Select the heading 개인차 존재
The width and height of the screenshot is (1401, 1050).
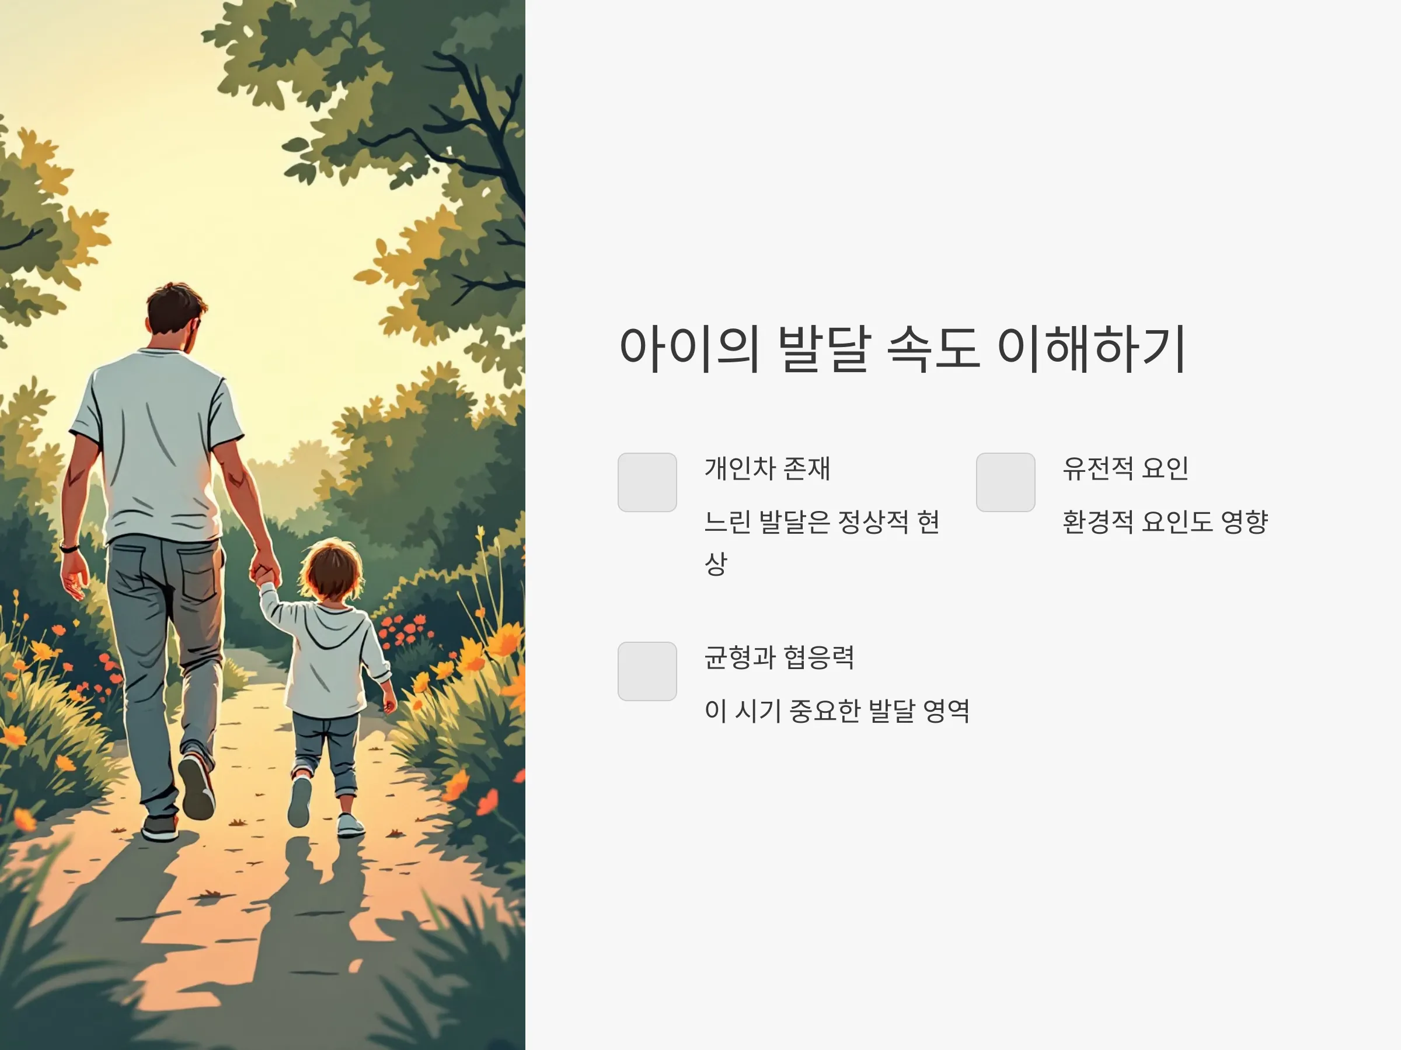(767, 468)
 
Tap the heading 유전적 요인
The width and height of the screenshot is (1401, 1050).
(1125, 468)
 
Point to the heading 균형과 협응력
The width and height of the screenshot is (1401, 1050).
(779, 657)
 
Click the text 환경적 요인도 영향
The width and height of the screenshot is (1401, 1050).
(1165, 521)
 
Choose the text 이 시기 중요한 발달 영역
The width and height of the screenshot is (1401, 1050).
(837, 710)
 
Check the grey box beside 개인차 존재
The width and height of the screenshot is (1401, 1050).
(647, 482)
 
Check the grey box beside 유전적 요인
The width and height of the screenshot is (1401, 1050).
(1006, 482)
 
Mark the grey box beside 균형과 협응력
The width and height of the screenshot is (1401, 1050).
(647, 671)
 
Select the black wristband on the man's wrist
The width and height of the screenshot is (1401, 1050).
(69, 548)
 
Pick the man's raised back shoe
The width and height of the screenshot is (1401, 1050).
(196, 786)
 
